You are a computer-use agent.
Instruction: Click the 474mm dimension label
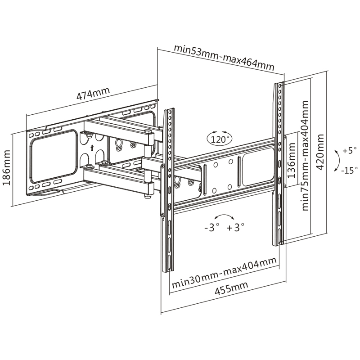(93, 94)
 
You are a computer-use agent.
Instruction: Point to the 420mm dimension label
(320, 150)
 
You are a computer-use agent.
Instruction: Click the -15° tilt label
(348, 171)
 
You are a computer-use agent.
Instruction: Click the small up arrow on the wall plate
(92, 147)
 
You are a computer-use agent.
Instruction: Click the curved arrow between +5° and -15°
(337, 161)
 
